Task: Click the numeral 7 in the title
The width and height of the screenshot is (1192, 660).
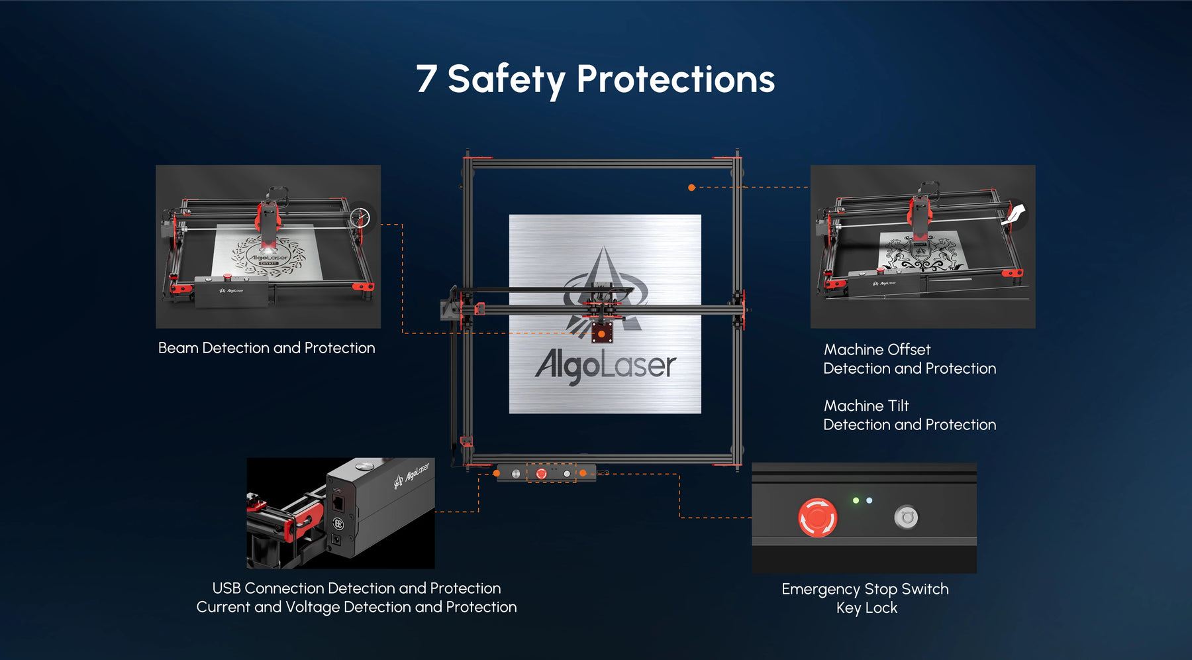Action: pos(426,78)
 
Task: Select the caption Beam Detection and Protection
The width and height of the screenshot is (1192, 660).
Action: pos(266,348)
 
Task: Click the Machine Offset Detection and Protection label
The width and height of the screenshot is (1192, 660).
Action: pos(910,358)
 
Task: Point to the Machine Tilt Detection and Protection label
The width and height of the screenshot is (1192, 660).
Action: pos(910,415)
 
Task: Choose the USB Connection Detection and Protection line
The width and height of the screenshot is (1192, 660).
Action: pos(356,588)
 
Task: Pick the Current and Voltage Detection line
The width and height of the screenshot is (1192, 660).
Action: pos(356,607)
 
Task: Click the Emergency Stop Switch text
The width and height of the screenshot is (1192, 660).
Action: pos(865,589)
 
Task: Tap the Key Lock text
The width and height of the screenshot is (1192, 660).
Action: pos(867,608)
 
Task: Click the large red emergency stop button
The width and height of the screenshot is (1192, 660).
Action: pos(818,517)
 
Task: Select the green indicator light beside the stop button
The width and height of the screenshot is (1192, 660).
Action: pos(856,500)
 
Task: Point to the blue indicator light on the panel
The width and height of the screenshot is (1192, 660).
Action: pos(869,500)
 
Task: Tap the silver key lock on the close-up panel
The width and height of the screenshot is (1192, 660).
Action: pos(906,517)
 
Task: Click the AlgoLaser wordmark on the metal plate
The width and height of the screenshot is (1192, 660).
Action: pos(605,366)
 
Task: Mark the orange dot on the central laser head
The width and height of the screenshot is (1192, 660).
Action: pos(601,334)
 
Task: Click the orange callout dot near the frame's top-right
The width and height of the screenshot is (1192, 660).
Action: pos(691,188)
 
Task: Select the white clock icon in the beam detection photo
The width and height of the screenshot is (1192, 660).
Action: pos(360,217)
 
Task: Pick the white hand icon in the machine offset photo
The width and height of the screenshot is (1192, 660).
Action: pos(1014,215)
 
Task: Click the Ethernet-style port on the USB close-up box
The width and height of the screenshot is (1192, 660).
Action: pos(338,503)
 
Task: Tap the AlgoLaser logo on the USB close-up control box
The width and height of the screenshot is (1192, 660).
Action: pos(412,475)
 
